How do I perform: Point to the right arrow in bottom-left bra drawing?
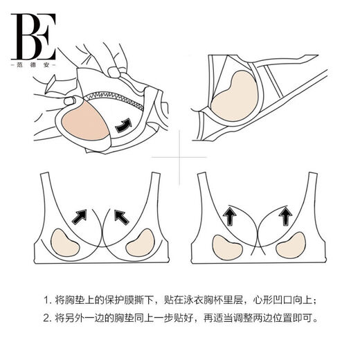pyautogui.click(x=120, y=217)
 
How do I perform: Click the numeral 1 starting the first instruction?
pyautogui.click(x=46, y=300)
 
